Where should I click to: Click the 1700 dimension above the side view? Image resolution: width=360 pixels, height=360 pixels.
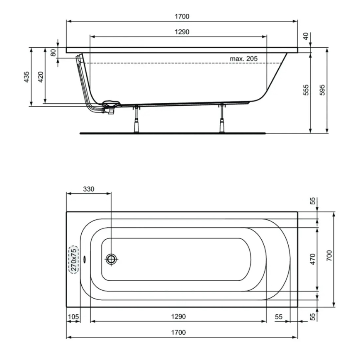[x=182, y=17]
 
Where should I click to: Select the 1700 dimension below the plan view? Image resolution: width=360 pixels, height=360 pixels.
[x=178, y=332]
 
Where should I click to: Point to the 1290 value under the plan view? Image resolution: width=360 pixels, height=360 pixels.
[x=178, y=316]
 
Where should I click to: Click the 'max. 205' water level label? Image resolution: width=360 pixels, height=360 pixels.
[x=244, y=58]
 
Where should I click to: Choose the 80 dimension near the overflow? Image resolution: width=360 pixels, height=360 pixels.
[x=53, y=53]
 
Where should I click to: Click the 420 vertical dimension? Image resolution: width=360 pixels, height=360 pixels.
[x=41, y=77]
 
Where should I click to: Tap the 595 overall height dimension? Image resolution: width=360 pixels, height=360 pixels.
[x=323, y=90]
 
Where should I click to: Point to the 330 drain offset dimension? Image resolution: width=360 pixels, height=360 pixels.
[x=88, y=189]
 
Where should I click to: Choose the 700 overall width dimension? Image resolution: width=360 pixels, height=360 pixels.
[x=329, y=259]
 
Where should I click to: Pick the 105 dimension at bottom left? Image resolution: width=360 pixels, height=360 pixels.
[x=73, y=316]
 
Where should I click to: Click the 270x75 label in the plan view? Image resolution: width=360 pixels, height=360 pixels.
[x=73, y=259]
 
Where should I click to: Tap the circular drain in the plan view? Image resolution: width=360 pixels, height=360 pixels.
[x=111, y=259]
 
